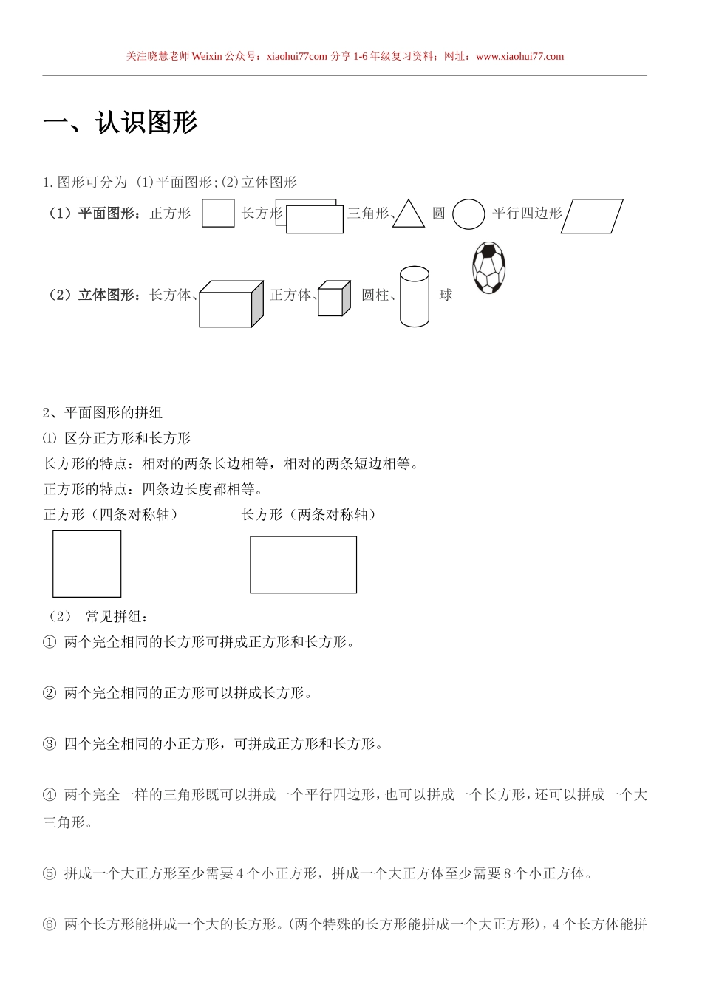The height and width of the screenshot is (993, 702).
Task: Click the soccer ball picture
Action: click(488, 267)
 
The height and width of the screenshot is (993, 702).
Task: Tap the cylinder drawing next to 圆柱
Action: click(414, 296)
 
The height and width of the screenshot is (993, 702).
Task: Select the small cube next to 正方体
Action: click(333, 298)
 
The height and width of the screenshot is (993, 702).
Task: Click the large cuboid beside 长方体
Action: click(231, 304)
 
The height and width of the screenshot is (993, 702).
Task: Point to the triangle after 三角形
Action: click(409, 214)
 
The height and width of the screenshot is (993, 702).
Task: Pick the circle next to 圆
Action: click(468, 214)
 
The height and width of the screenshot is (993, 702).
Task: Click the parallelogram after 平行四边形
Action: click(592, 216)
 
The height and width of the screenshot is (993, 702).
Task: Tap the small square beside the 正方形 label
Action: click(218, 214)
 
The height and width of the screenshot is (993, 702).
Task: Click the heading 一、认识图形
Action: click(120, 123)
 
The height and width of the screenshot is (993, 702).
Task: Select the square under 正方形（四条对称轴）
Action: click(87, 564)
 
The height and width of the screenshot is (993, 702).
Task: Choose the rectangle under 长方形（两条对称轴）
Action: click(303, 564)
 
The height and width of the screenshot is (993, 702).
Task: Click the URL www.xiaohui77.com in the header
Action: click(519, 56)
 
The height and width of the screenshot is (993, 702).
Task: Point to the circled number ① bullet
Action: click(50, 643)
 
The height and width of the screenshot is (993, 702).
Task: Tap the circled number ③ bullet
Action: click(50, 745)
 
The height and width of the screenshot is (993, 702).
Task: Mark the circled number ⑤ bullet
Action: click(50, 874)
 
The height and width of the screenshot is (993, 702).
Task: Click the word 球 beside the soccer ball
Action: click(446, 296)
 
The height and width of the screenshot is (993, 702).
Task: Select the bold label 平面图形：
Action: click(109, 214)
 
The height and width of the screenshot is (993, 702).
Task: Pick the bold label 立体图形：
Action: click(109, 296)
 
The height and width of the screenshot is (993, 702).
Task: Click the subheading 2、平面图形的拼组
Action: click(103, 413)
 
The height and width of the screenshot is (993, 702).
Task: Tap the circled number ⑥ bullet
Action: click(50, 924)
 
